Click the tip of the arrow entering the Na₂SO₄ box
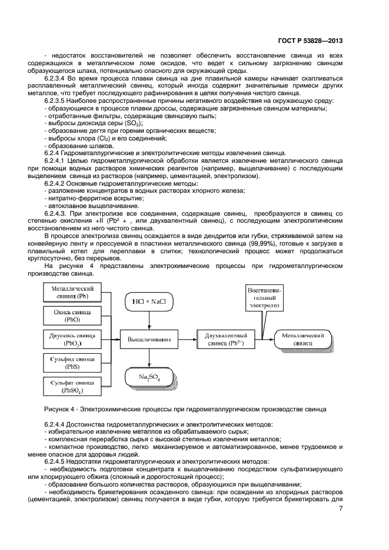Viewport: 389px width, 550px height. click(x=149, y=366)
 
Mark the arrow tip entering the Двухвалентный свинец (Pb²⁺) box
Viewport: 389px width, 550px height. click(x=197, y=339)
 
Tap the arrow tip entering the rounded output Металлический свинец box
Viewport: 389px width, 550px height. click(x=274, y=339)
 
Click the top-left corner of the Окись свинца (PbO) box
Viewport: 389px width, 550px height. click(x=43, y=306)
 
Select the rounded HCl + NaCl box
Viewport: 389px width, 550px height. click(x=149, y=302)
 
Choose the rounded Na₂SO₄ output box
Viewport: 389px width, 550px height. click(x=149, y=377)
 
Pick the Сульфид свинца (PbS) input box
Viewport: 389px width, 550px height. click(x=72, y=363)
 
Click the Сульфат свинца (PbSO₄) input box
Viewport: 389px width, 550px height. click(x=72, y=386)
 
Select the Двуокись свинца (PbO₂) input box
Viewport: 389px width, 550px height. click(x=72, y=339)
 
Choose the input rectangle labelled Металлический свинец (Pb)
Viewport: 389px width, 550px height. click(x=72, y=292)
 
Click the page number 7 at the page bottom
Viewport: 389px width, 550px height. click(x=341, y=509)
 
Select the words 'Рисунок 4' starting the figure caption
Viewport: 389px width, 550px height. click(x=57, y=409)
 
